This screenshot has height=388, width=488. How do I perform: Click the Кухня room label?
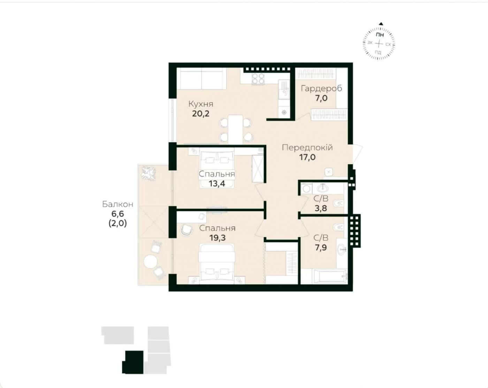pos(201,104)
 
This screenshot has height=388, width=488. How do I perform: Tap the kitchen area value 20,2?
pos(201,113)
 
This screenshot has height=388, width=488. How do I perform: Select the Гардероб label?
pos(321,89)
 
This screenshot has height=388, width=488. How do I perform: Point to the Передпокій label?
pos(307,148)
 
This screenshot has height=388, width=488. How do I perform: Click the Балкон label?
pos(118,204)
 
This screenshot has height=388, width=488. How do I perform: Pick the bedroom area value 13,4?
pos(217,184)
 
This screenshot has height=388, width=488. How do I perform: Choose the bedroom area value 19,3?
pos(217,238)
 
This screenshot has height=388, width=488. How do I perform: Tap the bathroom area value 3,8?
pos(321,208)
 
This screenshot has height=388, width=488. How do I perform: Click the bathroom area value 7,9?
pos(321,247)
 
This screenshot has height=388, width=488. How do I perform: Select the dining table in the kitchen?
pos(236,129)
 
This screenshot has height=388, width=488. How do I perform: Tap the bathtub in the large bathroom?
pos(329,276)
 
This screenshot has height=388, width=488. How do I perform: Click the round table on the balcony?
pos(151,262)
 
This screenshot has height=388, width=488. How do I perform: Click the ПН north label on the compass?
pos(380,35)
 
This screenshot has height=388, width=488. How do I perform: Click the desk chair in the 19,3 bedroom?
pos(187,229)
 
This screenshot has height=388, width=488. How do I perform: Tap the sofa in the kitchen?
pos(201,79)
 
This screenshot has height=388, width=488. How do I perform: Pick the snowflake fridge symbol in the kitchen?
pos(284,112)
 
